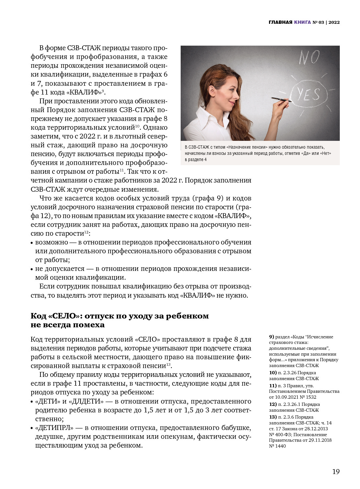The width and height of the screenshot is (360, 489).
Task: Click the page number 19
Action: [x=336, y=472]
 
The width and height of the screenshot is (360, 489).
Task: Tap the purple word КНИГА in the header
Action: [x=302, y=22]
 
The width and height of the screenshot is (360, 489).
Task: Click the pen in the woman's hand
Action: [x=281, y=99]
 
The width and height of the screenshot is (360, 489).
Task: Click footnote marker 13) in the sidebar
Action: [x=273, y=417]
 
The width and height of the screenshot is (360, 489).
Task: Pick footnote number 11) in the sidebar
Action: [x=273, y=386]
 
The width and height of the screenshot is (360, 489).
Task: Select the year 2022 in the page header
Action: [x=334, y=22]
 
